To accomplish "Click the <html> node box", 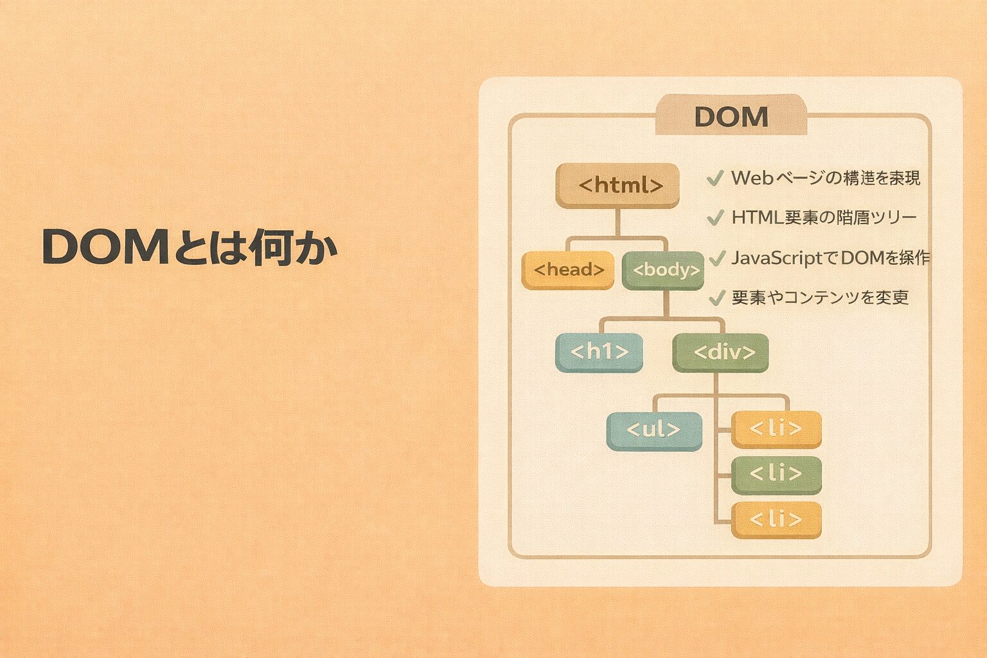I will pos(618,185).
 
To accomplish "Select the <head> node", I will pos(568,270).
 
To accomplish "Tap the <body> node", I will pos(663,270).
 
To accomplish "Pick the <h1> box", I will pos(599,352).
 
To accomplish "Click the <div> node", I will pos(720,352).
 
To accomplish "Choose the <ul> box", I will pos(654,430).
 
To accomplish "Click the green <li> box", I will pos(776,474).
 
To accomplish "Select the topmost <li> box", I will pos(776,429).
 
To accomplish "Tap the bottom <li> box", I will pos(776,519).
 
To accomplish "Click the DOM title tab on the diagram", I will pos(731,117).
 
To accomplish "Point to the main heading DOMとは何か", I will pos(190,247).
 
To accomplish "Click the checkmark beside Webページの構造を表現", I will pos(715,178).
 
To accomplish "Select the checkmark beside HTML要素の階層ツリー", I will pos(715,218).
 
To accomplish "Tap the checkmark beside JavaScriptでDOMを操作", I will pos(716,258).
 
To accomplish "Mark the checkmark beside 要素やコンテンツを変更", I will pos(716,298).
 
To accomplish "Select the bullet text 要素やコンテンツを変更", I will pos(820,298).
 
